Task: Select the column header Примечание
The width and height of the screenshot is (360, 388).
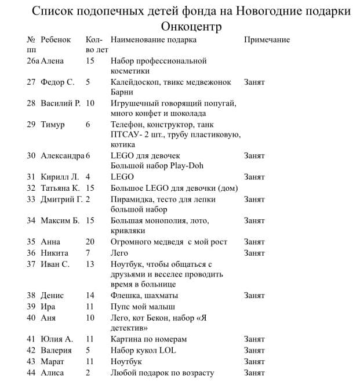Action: point(267,39)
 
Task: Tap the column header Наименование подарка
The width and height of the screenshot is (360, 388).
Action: point(153,39)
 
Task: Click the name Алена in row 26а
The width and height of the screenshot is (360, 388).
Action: point(52,60)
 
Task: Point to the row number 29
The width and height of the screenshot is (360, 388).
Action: point(31,124)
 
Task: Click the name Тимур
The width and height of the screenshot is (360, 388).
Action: point(53,124)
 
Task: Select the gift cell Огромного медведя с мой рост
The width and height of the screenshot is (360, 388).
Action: point(169,241)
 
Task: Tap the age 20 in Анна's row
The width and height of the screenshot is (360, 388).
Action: point(90,241)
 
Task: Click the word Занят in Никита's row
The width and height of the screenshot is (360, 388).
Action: point(254,253)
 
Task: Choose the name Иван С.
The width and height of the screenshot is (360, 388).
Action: point(55,264)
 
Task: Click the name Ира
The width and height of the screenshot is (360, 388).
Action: point(48,306)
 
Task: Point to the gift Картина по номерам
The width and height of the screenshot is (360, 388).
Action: point(149,339)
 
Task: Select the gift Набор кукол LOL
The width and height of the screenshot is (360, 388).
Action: point(143,350)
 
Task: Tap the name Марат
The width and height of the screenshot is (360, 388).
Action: point(52,361)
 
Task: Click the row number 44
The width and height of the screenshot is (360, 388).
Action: point(31,372)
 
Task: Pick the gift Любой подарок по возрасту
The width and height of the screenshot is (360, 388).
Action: point(162,372)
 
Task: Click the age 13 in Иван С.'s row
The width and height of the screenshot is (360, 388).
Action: point(90,264)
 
